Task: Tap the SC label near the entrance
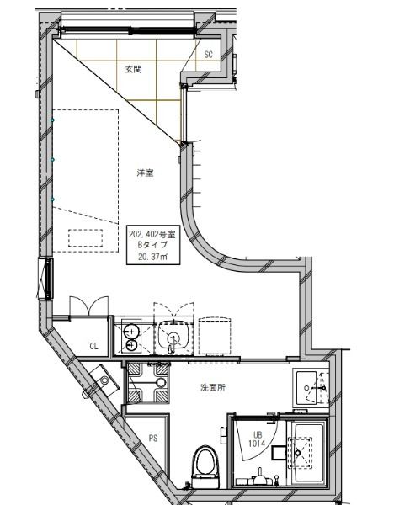[x=210, y=56]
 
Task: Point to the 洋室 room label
[x=144, y=173]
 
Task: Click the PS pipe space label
[x=152, y=438]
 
